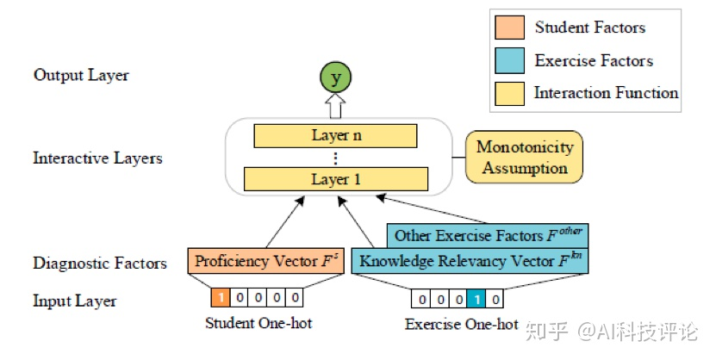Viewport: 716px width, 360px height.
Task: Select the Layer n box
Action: point(335,136)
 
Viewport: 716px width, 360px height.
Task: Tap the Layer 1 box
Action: point(335,180)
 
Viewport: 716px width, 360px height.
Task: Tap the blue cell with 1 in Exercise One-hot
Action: point(475,299)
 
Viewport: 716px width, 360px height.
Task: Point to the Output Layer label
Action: point(81,75)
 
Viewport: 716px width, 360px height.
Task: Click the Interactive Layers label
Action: point(97,158)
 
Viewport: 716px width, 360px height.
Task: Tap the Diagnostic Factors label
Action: point(100,263)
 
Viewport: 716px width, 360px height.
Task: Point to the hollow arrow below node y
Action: point(335,105)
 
